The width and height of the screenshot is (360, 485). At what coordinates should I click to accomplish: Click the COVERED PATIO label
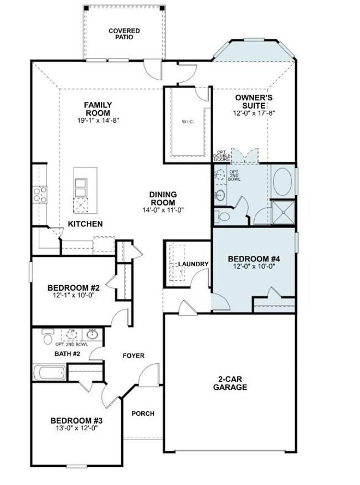(x=124, y=34)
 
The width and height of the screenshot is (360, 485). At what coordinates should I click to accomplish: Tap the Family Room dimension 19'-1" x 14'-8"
(x=98, y=120)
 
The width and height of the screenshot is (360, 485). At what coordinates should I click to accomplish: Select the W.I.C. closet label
(x=188, y=122)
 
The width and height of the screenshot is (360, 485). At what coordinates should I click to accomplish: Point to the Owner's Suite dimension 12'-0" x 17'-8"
(x=254, y=113)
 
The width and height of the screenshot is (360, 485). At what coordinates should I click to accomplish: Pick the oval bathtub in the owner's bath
(x=282, y=182)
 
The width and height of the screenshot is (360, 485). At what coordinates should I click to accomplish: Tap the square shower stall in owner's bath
(x=283, y=212)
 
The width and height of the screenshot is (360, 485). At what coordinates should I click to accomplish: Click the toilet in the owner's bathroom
(x=222, y=217)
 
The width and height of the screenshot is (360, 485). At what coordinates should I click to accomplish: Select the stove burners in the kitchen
(x=40, y=195)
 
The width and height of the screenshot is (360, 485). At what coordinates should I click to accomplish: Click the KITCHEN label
(x=85, y=224)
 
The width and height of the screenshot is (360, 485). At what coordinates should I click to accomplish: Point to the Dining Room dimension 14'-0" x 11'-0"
(x=163, y=210)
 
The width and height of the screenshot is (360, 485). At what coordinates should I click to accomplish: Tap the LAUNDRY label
(x=193, y=264)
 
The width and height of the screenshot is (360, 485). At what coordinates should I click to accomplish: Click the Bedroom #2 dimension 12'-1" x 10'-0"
(x=73, y=295)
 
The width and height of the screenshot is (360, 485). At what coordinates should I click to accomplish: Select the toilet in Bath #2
(x=48, y=336)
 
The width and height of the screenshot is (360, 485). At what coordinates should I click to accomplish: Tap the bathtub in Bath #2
(x=49, y=373)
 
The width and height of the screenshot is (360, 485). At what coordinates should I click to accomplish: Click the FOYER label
(x=133, y=355)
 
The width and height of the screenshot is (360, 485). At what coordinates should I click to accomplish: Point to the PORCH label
(x=143, y=414)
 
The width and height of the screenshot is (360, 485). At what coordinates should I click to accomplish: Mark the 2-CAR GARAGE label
(x=230, y=383)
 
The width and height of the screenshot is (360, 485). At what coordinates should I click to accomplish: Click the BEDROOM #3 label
(x=76, y=421)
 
